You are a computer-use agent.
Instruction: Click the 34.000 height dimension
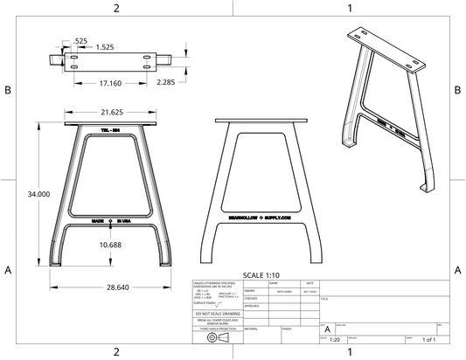tap(16, 193)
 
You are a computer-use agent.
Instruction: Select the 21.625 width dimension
tap(111, 113)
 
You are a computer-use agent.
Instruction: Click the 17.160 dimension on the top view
tap(110, 83)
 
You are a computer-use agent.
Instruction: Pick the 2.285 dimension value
tap(166, 82)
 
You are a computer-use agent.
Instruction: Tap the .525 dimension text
tap(80, 40)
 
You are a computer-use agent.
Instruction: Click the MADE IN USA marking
tap(111, 221)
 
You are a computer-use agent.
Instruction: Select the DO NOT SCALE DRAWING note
tap(217, 313)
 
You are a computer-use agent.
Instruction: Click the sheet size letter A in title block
tap(327, 329)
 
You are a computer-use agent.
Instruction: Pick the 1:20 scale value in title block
tap(334, 339)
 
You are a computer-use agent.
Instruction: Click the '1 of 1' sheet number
tap(428, 339)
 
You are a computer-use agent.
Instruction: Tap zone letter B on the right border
tap(457, 90)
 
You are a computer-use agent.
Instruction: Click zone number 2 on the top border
tap(116, 8)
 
